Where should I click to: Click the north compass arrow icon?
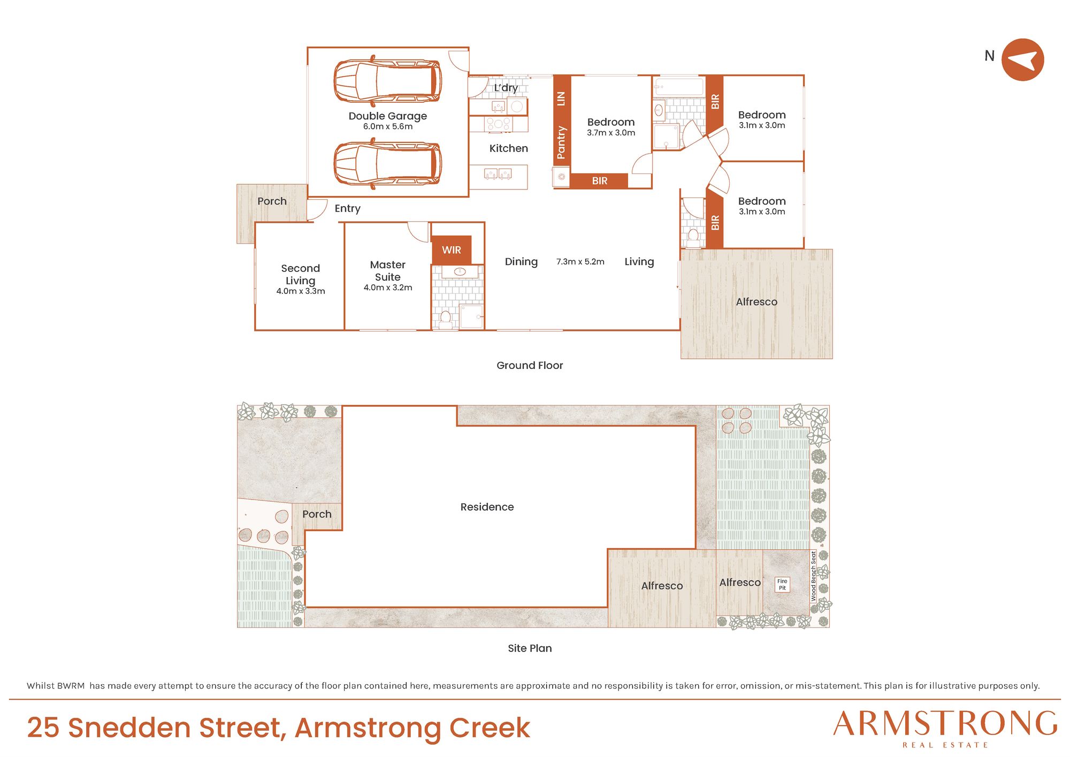(x=1022, y=60)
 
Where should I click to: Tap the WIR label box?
(x=452, y=250)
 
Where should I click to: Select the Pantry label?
(x=561, y=142)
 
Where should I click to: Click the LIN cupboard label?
(x=561, y=99)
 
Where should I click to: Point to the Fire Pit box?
(x=782, y=585)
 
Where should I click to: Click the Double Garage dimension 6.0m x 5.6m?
(x=388, y=127)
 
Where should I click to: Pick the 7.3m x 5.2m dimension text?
(x=580, y=262)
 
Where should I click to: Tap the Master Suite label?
(x=388, y=271)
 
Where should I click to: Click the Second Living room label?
(x=301, y=274)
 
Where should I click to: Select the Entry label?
(x=348, y=209)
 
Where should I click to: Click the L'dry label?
(x=506, y=88)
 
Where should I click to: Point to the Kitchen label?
(x=509, y=148)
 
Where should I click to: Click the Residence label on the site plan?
(x=487, y=507)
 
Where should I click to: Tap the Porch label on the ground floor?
(x=272, y=201)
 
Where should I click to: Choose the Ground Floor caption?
(x=530, y=366)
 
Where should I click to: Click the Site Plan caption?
(x=530, y=648)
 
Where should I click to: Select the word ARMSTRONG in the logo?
(x=945, y=724)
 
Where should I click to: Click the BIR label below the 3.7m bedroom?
(x=600, y=181)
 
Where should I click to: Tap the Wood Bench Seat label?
(x=814, y=576)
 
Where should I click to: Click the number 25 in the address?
(x=43, y=728)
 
